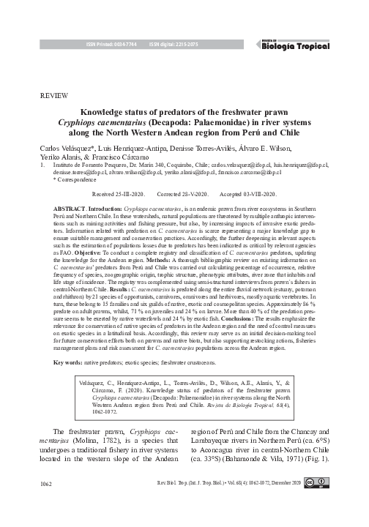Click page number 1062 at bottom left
pyautogui.click(x=46, y=504)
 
